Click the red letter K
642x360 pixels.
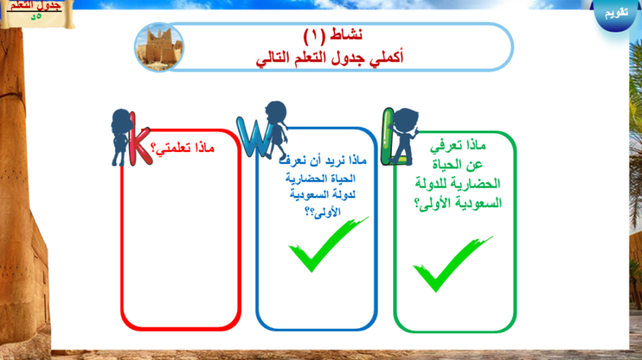(139, 141)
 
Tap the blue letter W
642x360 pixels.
(254, 137)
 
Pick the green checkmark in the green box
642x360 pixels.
(452, 264)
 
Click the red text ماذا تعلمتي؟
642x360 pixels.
(182, 148)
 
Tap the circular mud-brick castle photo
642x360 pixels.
(159, 47)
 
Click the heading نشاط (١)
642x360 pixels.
(333, 35)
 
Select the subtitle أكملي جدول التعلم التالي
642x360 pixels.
(329, 58)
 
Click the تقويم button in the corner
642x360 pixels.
(616, 12)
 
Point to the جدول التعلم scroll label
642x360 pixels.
(36, 12)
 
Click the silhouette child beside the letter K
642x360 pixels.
(121, 137)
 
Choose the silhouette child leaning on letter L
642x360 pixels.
(404, 134)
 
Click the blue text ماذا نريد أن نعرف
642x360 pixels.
(323, 160)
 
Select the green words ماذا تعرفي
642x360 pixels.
(458, 146)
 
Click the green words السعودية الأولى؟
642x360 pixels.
(458, 203)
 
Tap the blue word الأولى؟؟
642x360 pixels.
(323, 212)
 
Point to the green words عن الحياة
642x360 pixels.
(458, 165)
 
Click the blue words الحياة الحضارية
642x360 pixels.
(320, 178)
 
